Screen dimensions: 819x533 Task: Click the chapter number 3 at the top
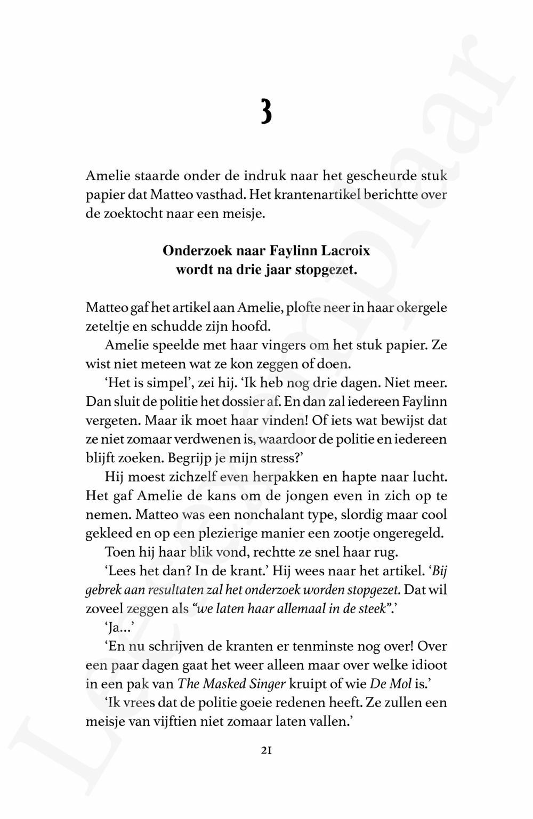266,111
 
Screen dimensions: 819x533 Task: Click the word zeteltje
107,326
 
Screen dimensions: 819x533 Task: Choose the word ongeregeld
416,533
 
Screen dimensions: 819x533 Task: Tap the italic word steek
371,608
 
